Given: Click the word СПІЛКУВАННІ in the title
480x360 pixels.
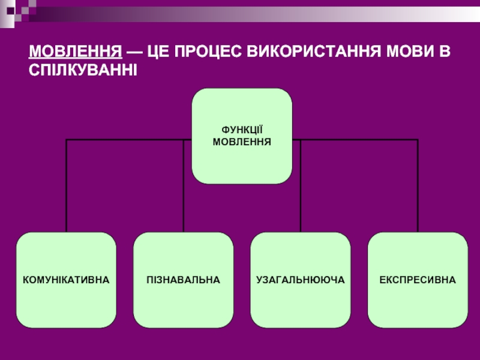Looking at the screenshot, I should pos(83,70).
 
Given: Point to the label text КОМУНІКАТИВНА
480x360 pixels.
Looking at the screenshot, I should pos(66,280).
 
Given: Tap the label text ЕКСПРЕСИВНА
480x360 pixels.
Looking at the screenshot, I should pos(418,280).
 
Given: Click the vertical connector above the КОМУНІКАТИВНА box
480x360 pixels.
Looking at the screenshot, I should pos(66,186).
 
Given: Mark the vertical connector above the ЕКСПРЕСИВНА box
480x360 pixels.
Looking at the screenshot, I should pos(418,186).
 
